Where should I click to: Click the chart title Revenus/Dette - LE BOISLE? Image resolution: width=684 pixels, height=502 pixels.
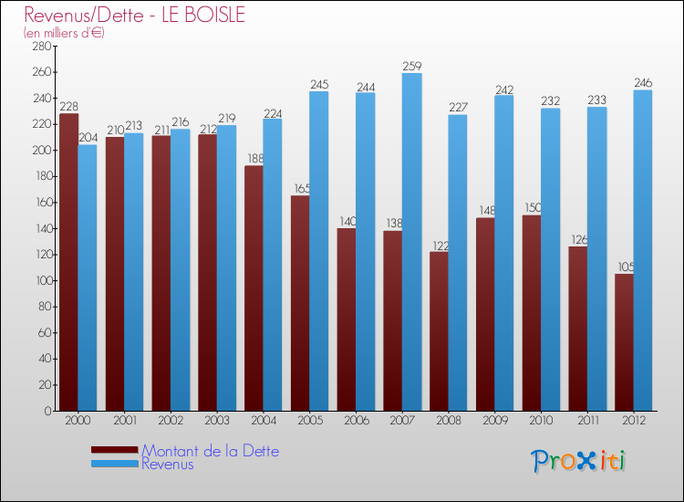tap(135, 16)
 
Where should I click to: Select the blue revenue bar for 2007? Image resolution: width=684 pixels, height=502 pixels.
tap(411, 242)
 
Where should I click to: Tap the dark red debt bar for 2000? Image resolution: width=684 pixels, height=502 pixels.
tap(68, 262)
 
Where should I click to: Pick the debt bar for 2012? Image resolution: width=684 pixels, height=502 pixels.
tap(624, 342)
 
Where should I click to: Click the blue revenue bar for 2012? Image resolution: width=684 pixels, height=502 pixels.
tap(643, 250)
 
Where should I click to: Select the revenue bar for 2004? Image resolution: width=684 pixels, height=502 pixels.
tap(272, 265)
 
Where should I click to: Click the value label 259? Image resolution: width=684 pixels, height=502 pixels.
tap(411, 66)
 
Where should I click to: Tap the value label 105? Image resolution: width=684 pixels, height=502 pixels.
tap(625, 267)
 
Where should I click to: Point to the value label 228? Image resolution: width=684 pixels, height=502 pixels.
tap(68, 107)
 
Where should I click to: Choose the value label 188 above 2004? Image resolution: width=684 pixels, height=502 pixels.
tap(254, 159)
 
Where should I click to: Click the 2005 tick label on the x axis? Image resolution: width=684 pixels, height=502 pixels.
tap(309, 421)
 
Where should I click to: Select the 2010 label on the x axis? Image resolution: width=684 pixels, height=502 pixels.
tap(541, 421)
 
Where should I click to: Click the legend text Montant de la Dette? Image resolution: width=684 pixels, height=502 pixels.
tap(210, 451)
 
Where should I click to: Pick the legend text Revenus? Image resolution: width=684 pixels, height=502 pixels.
tap(167, 464)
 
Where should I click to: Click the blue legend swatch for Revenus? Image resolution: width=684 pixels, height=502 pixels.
tap(115, 464)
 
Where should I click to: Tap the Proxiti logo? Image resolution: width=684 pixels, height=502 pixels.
tap(579, 461)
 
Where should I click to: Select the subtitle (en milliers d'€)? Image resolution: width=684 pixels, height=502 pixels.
tap(64, 33)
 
